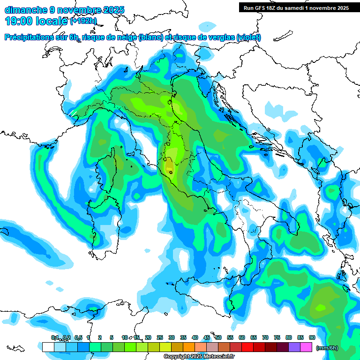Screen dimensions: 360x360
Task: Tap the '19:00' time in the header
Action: coord(19,21)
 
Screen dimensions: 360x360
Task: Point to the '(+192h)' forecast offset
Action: coord(83,21)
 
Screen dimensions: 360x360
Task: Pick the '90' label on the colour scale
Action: coord(312,338)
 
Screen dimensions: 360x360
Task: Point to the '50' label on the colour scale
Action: coord(218,338)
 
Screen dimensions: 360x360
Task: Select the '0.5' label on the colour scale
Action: coord(78,338)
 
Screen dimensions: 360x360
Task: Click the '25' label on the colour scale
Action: coord(160,338)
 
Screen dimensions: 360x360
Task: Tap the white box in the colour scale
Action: coord(48,347)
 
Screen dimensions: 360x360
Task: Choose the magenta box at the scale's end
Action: coord(306,347)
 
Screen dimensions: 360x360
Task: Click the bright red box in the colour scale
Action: coord(247,347)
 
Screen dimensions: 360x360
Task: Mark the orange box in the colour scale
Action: coord(189,347)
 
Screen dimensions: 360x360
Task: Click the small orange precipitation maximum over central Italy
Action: coord(169,166)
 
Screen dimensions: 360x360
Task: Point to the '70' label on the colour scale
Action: coord(265,338)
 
